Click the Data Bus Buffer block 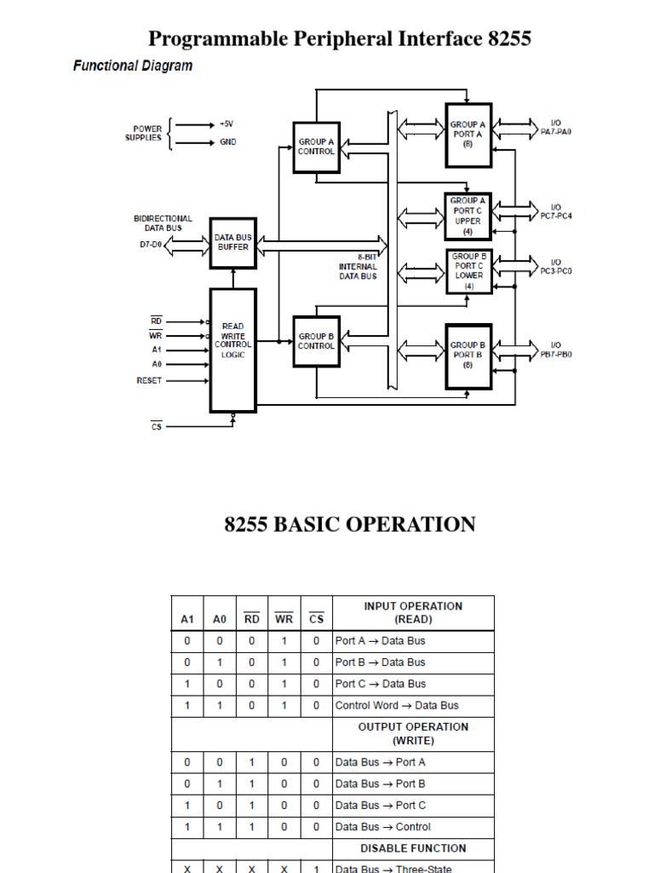pos(232,242)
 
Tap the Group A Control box pos(316,147)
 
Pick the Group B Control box pos(316,341)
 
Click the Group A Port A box pos(468,135)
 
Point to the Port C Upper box pos(468,216)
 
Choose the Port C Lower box pos(468,270)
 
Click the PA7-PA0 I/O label pos(555,129)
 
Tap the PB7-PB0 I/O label pos(556,350)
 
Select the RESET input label pos(149,381)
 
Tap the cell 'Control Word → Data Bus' pos(397,705)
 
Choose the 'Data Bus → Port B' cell pos(381,783)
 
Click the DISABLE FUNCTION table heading pos(413,848)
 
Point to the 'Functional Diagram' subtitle pos(133,66)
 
